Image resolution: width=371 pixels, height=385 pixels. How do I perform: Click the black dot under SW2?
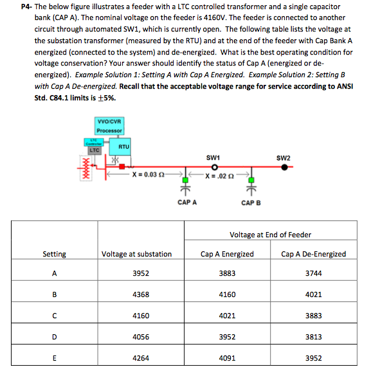(284, 166)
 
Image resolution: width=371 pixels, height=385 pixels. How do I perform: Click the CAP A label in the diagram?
(186, 202)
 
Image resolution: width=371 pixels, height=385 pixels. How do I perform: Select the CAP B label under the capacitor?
(251, 202)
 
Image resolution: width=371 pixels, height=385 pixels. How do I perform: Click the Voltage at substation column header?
(136, 254)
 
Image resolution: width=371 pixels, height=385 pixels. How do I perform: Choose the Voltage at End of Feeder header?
(271, 235)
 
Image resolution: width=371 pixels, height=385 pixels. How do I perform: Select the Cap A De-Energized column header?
(313, 254)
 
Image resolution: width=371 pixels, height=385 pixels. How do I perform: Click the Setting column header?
(54, 254)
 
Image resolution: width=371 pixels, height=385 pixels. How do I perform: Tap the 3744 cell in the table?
(313, 273)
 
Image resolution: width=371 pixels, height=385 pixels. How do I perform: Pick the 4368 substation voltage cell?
(141, 294)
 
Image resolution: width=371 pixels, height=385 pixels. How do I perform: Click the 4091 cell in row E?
(227, 358)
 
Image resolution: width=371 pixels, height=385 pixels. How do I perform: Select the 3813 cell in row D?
(313, 337)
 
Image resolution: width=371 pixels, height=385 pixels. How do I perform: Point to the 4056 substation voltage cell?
(141, 337)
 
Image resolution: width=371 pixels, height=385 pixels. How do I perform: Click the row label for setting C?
(54, 316)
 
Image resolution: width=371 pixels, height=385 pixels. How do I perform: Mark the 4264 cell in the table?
(141, 358)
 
